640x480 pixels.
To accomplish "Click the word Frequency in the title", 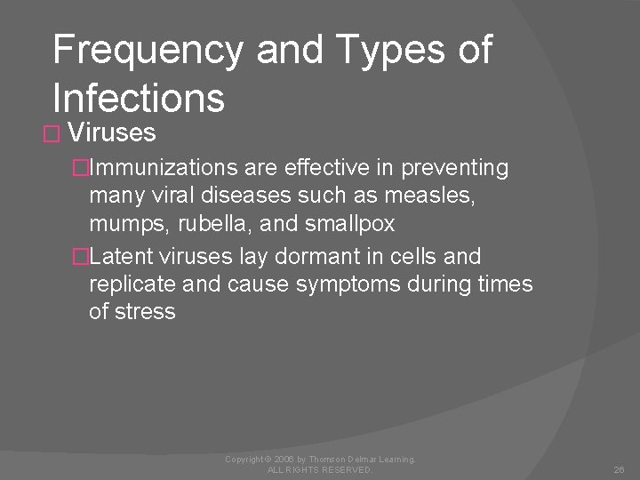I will [147, 51].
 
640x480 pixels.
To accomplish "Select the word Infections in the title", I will [139, 98].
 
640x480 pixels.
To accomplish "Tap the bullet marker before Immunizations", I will [81, 168].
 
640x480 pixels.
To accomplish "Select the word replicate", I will [124, 284].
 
